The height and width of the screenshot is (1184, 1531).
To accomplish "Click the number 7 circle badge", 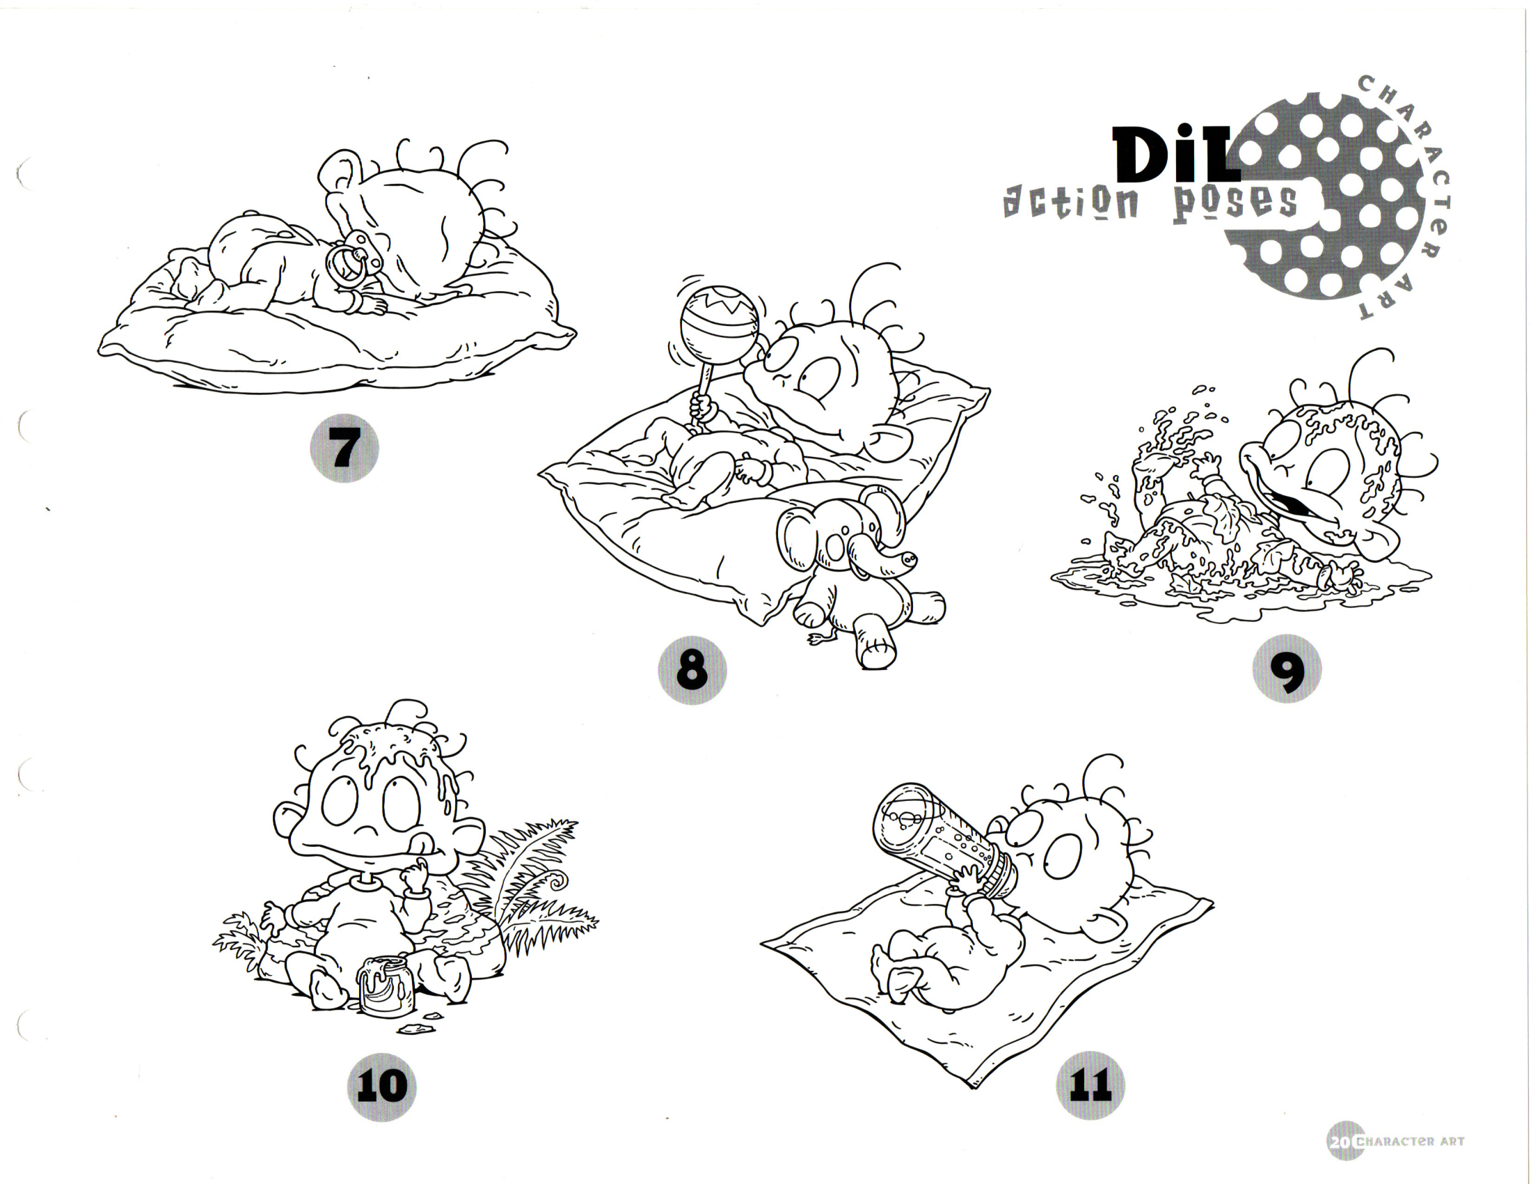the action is tap(344, 448).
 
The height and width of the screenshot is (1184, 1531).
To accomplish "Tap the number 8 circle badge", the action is tap(692, 669).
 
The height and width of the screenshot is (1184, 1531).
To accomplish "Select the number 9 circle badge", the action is tap(1287, 669).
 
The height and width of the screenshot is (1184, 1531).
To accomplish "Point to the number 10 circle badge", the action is tap(382, 1086).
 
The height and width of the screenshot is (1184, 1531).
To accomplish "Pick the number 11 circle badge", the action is tap(1090, 1085).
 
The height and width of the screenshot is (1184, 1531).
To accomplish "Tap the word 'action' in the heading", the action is tap(1070, 203).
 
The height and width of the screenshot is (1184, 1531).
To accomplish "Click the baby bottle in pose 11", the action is tap(945, 843).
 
